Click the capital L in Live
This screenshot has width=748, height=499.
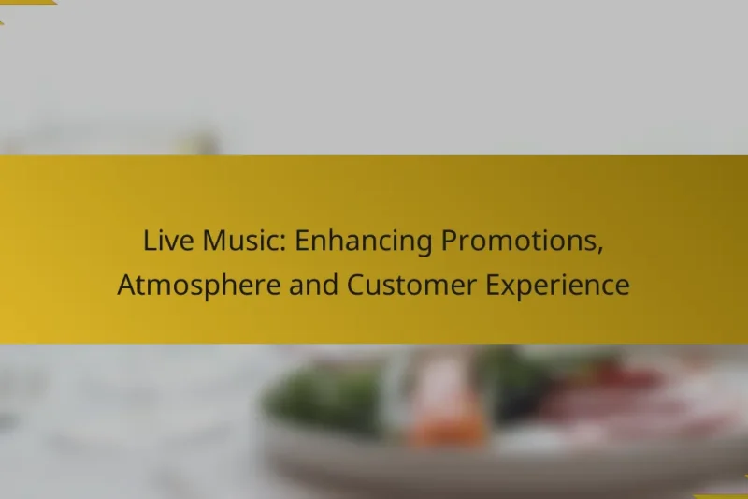[x=148, y=242]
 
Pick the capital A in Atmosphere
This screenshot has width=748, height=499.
[x=126, y=286]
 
